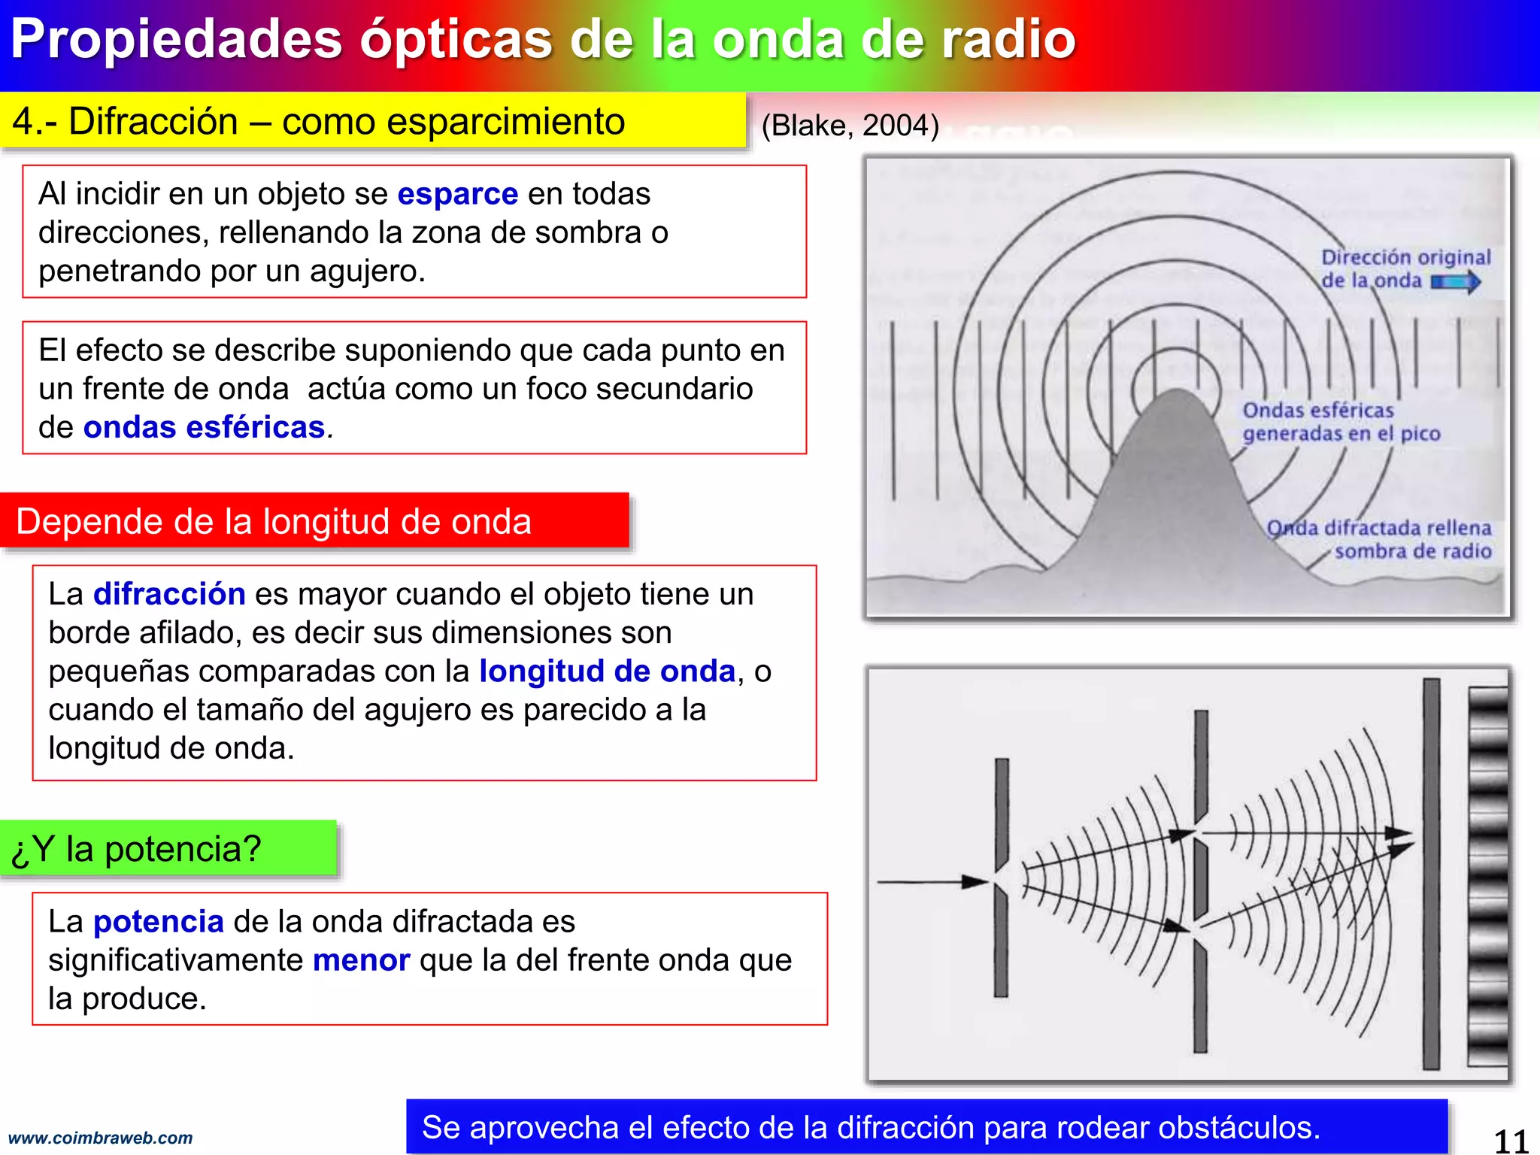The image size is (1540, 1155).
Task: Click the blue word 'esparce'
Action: [457, 194]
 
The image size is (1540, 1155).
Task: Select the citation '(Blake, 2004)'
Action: [850, 126]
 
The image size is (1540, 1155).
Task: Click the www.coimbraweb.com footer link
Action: [100, 1138]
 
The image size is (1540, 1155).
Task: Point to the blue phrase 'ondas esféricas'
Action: [204, 427]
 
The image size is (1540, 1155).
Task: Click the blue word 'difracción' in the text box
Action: [169, 594]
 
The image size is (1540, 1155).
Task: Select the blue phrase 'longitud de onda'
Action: [607, 671]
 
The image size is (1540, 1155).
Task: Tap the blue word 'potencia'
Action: [158, 921]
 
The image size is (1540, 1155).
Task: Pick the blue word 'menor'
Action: [361, 960]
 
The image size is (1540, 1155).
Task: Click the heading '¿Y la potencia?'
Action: [136, 849]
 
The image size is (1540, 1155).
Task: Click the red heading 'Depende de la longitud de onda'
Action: [274, 521]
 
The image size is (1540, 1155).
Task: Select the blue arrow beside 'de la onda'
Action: [1456, 282]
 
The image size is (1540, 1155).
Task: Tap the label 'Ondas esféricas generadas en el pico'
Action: [1340, 422]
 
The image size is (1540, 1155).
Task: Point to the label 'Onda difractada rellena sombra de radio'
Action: [1379, 539]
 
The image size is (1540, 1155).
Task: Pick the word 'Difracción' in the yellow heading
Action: [153, 122]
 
